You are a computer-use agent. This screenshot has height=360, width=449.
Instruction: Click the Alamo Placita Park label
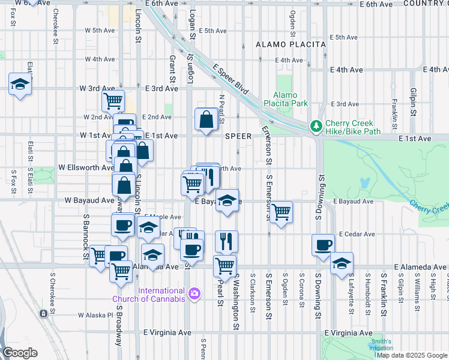click(x=290, y=99)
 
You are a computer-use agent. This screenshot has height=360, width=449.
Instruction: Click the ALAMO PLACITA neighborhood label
click(x=291, y=44)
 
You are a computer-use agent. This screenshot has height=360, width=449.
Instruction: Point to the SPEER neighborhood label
click(x=238, y=136)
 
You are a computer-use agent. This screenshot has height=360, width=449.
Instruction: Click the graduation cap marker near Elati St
click(x=20, y=84)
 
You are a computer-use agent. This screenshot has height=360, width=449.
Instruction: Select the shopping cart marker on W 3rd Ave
click(x=112, y=100)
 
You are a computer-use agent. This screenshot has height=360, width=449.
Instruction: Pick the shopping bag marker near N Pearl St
click(x=206, y=119)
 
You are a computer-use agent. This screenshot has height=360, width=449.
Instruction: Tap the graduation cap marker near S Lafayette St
click(x=342, y=263)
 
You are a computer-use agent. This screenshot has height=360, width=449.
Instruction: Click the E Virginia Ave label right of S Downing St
click(x=348, y=332)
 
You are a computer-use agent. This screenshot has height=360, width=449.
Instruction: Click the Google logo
click(x=20, y=353)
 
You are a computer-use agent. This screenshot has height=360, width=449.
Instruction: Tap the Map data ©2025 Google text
click(x=411, y=355)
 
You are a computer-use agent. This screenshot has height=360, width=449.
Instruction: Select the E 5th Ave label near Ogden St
click(x=347, y=37)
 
